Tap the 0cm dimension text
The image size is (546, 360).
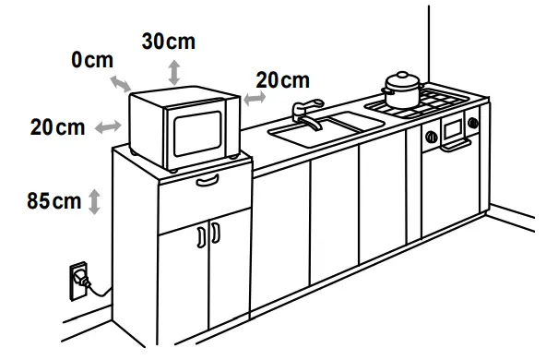point(93,61)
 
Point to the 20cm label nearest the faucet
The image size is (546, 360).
point(282,81)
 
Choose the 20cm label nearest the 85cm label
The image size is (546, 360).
point(57,127)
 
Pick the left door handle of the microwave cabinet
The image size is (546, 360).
point(201,236)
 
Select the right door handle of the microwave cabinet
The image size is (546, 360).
point(215,233)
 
